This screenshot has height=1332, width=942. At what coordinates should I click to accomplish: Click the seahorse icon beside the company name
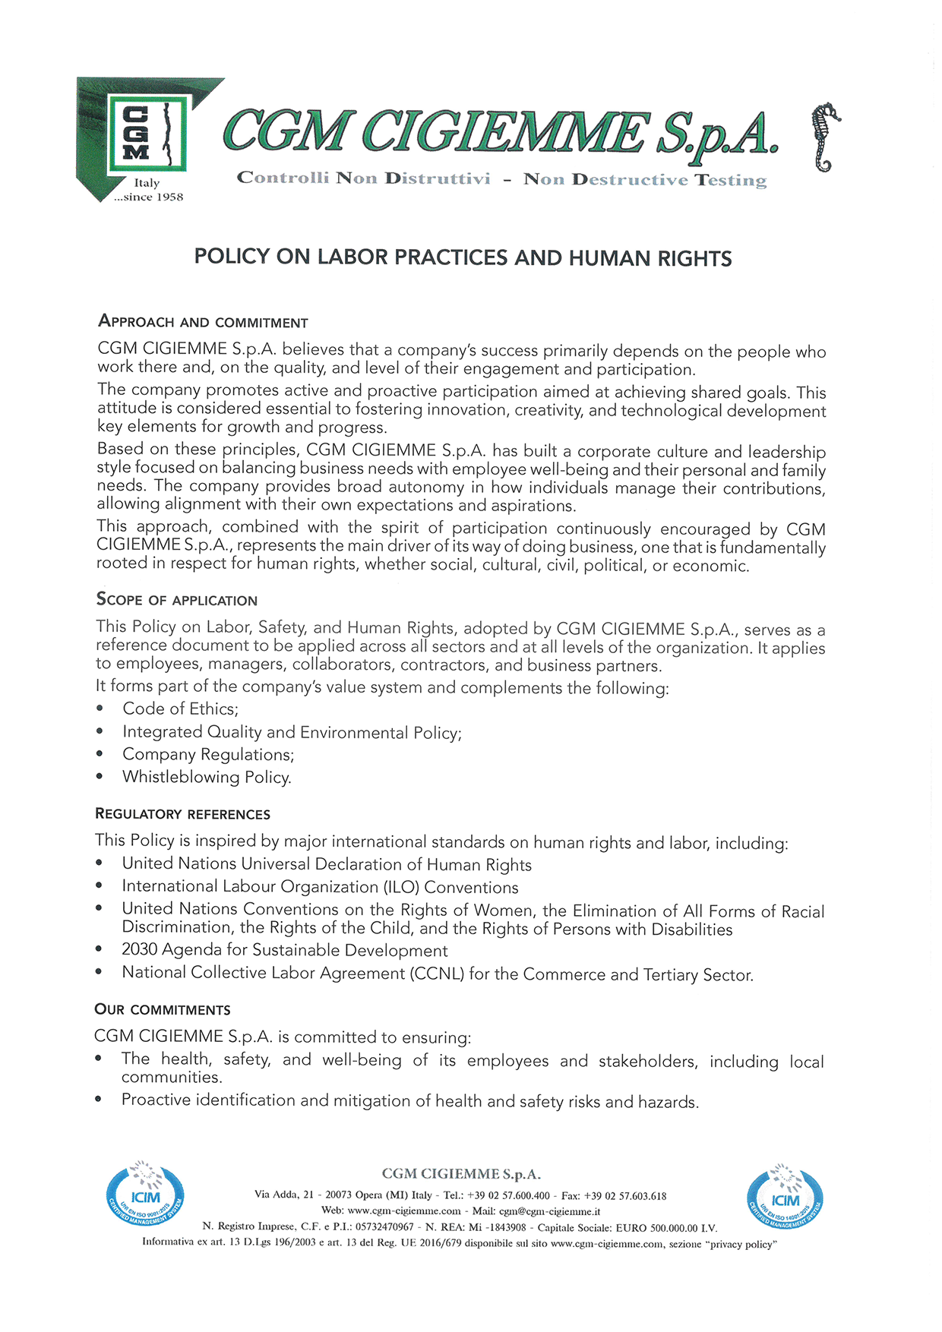coord(825,137)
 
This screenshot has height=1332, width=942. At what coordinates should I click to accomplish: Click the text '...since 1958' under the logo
coord(148,197)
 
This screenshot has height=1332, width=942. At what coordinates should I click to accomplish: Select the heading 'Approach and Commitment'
coord(203,322)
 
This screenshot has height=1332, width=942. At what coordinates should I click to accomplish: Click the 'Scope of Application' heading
coord(176,600)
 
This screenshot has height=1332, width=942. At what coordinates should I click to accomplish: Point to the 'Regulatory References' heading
coord(182,814)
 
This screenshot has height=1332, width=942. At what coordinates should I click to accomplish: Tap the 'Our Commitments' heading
coord(162,1010)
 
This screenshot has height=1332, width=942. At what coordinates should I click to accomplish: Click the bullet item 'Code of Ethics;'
coord(180,709)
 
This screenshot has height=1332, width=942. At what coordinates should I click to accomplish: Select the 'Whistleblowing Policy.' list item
coord(207,778)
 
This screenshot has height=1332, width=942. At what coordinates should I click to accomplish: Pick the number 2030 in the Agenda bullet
coord(139,950)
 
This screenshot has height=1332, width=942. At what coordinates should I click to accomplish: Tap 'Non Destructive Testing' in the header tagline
coord(645,180)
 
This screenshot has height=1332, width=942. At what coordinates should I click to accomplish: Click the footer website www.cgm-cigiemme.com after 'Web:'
coord(403,1211)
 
